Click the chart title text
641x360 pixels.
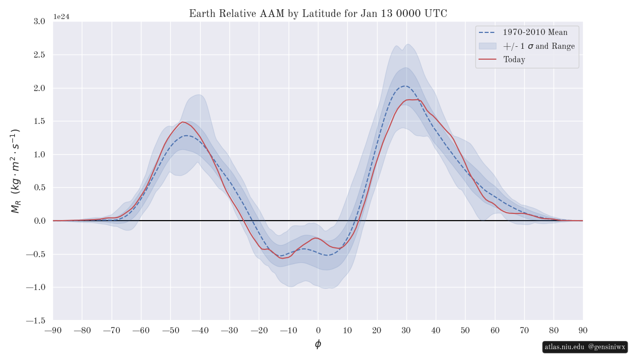318,14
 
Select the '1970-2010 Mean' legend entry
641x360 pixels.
535,32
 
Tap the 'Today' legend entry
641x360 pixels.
514,60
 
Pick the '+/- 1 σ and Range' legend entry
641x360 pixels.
539,46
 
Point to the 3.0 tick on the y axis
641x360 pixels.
39,22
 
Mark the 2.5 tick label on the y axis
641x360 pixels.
39,55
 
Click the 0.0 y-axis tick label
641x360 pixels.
39,221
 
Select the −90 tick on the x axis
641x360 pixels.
53,330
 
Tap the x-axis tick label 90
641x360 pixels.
583,330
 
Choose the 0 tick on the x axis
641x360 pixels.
318,330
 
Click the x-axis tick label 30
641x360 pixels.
406,330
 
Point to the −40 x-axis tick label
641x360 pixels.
200,330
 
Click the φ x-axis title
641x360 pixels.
318,344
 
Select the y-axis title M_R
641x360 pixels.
15,171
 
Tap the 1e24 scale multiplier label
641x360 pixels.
61,17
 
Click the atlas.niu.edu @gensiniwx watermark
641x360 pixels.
585,347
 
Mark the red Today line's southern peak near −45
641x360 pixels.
182,122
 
